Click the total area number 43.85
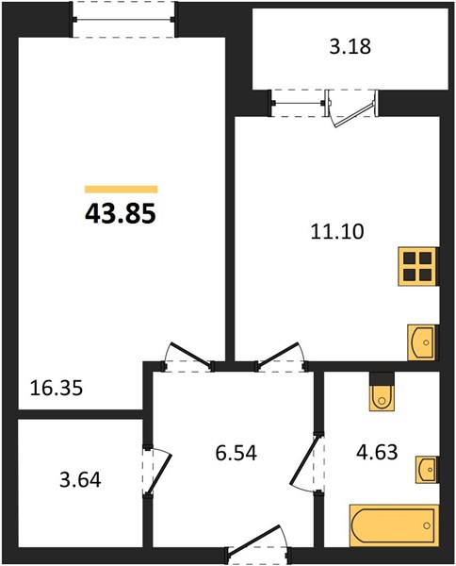121,214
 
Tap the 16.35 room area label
57,389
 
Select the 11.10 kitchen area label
337,231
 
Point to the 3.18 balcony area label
350,47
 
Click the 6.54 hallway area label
236,453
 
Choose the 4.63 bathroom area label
377,452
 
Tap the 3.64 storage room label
80,480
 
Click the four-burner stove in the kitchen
418,267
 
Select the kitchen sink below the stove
422,342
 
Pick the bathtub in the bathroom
395,525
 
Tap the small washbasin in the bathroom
428,469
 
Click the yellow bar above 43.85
122,190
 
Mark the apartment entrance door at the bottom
258,544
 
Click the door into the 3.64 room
156,471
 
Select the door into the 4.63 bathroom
305,463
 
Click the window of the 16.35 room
123,20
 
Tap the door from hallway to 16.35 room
188,357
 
